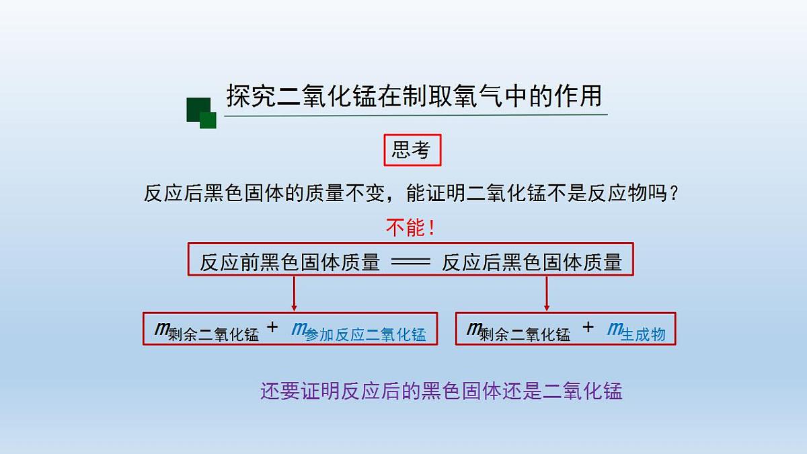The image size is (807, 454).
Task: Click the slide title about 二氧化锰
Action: (414, 96)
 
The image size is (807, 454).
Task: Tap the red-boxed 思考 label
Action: (412, 151)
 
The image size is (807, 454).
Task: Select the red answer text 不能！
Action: (410, 227)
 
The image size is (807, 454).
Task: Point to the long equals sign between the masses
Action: (410, 262)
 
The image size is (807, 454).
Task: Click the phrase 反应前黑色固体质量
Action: (290, 262)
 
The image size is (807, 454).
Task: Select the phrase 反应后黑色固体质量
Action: (531, 262)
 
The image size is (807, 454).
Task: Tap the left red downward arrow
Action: (294, 293)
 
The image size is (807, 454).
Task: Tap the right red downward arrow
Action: (547, 293)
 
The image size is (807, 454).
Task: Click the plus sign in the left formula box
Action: (272, 328)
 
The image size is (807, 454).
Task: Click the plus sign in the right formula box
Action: (588, 328)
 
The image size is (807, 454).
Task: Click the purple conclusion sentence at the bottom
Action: (441, 391)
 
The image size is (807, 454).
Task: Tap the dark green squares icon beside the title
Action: (201, 113)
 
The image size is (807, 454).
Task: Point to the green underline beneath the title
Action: (416, 115)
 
